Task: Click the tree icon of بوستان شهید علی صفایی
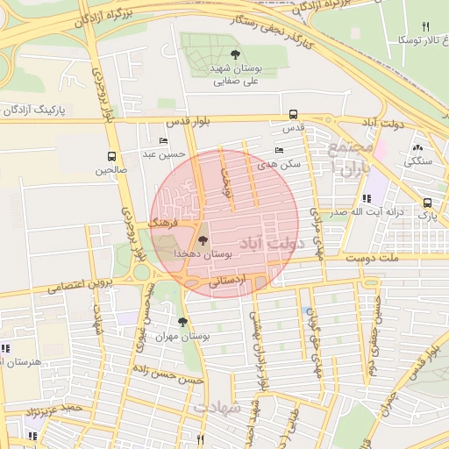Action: click(x=233, y=54)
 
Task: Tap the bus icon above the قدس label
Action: click(x=293, y=114)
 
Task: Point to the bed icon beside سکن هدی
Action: click(x=279, y=150)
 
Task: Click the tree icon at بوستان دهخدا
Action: click(x=203, y=239)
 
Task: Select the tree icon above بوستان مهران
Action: click(x=182, y=322)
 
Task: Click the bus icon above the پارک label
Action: click(x=426, y=202)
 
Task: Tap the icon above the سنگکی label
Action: click(x=417, y=149)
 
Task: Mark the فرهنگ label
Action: click(x=163, y=224)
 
